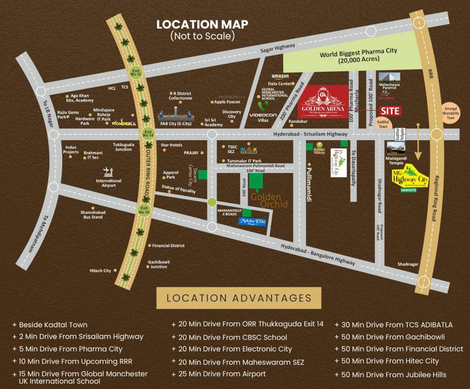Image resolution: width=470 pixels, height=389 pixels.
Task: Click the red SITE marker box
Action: tap(390, 111)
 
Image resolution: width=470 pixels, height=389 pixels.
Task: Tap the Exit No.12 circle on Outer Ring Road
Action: tap(136, 72)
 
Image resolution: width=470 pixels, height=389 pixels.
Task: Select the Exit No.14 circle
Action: tap(147, 134)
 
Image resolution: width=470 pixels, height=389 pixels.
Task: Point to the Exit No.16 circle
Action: tap(144, 209)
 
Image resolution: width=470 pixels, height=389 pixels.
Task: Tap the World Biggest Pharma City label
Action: tap(358, 55)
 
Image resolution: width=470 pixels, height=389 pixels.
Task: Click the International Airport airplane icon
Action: tap(106, 171)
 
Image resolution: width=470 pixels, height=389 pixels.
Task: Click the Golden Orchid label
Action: tap(269, 200)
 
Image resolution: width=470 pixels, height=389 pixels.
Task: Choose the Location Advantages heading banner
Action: tap(239, 298)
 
